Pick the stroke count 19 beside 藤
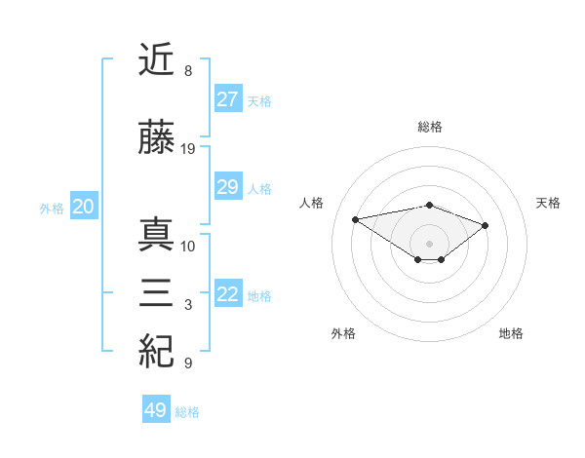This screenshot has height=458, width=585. point(189,149)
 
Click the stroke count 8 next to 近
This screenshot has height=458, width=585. point(187,71)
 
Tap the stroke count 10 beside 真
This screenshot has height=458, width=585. point(188,246)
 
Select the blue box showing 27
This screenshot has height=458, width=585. point(227,99)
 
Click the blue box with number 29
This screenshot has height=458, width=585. point(227,187)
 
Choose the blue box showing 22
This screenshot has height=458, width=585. point(227,294)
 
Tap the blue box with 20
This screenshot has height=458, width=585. point(83,207)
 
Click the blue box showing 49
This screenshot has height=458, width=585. point(155,410)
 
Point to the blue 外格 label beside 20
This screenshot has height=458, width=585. point(52,208)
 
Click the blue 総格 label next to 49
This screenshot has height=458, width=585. point(187,412)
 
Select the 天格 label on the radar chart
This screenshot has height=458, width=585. point(548,203)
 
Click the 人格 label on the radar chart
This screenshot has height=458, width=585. point(312,203)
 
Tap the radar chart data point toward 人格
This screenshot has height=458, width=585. point(356,218)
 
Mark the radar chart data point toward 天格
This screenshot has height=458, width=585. point(485,225)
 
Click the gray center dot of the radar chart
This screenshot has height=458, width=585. point(429,243)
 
